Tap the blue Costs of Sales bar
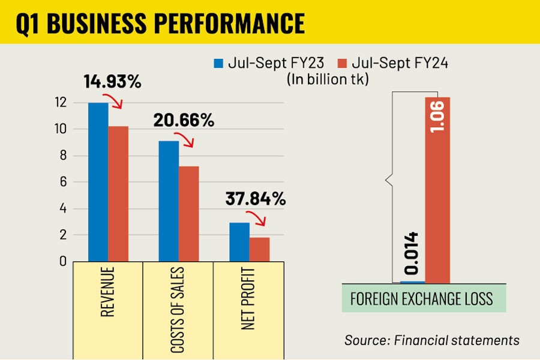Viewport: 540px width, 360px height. pyautogui.click(x=169, y=201)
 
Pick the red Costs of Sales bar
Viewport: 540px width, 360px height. pyautogui.click(x=188, y=214)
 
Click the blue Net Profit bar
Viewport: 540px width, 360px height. pyautogui.click(x=239, y=242)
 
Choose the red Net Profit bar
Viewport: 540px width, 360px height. pyautogui.click(x=259, y=249)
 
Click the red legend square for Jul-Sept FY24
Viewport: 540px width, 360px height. pyautogui.click(x=343, y=63)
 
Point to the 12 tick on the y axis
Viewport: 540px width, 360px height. pyautogui.click(x=59, y=103)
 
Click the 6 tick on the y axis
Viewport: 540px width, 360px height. pyautogui.click(x=61, y=182)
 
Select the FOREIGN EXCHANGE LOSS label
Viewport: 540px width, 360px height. pyautogui.click(x=421, y=298)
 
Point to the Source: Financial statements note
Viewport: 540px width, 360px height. pyautogui.click(x=431, y=340)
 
